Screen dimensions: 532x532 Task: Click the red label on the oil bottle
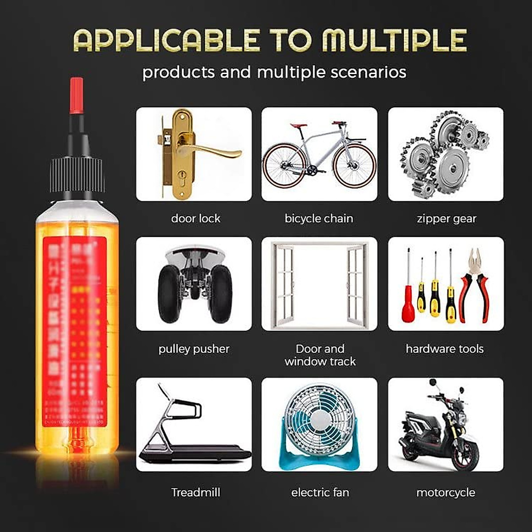pyautogui.click(x=75, y=328)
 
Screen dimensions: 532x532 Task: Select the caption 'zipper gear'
pyautogui.click(x=446, y=219)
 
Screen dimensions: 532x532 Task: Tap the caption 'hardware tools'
pyautogui.click(x=445, y=349)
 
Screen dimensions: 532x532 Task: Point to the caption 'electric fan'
pyautogui.click(x=320, y=493)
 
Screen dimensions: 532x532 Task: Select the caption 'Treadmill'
pyautogui.click(x=196, y=493)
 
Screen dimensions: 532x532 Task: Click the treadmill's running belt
pyautogui.click(x=195, y=454)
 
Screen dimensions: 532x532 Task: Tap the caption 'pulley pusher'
pyautogui.click(x=194, y=349)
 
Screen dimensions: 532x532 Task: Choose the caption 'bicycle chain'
pyautogui.click(x=319, y=219)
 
